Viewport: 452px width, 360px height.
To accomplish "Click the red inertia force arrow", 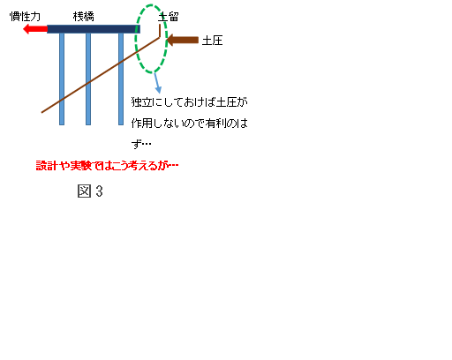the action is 35,29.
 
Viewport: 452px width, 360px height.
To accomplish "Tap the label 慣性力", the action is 25,17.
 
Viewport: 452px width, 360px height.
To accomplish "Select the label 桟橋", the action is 84,17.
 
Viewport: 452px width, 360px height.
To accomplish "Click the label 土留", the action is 169,17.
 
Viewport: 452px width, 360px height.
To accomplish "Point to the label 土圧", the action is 212,41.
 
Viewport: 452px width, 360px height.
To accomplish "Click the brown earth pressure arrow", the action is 183,41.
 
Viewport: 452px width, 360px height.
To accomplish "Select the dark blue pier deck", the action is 94,29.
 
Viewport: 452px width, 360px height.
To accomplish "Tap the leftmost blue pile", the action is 62,79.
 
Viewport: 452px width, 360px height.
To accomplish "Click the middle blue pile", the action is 88,79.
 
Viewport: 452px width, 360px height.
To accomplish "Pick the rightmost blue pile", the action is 121,79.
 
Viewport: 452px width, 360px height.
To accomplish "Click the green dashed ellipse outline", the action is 135,39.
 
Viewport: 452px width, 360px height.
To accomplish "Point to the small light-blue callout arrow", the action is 157,83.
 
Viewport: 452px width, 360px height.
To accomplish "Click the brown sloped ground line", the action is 101,75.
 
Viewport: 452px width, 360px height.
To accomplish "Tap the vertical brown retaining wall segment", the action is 160,31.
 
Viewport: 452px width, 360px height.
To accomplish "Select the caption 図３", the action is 90,191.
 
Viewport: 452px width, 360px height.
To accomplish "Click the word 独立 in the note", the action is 142,102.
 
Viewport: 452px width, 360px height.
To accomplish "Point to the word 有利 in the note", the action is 216,123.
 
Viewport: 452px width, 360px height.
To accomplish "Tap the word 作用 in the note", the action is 142,123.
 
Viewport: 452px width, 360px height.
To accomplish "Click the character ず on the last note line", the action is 136,144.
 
